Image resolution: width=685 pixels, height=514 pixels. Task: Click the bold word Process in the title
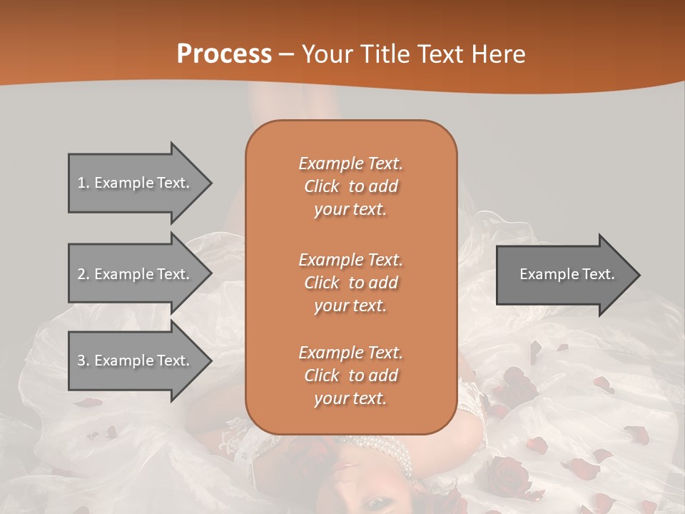(x=224, y=54)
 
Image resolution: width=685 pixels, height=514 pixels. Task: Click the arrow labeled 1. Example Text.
(x=136, y=183)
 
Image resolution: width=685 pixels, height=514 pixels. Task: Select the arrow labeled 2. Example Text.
(x=136, y=274)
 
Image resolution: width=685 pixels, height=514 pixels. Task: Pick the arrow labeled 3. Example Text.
(x=136, y=361)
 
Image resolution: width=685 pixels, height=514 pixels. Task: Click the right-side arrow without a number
(x=564, y=274)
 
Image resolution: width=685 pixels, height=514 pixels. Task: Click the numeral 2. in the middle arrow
(x=83, y=274)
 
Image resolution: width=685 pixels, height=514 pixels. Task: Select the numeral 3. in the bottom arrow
(x=83, y=361)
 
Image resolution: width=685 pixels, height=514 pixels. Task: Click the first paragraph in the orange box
(x=350, y=186)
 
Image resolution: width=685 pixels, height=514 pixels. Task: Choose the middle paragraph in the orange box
(x=350, y=282)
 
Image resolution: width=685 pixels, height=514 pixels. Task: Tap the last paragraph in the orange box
(x=350, y=376)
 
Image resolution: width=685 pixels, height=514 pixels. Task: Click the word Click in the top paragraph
(x=322, y=186)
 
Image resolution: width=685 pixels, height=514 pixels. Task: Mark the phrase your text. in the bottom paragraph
(x=350, y=398)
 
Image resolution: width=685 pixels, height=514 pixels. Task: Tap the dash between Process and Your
(x=287, y=54)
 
